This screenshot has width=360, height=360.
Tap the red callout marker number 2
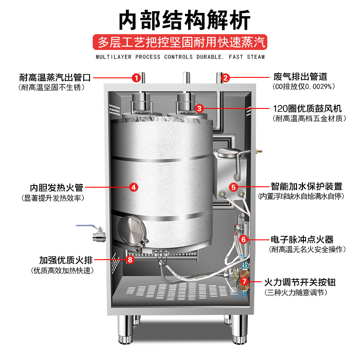(226, 77)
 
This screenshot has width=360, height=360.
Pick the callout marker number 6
(243, 239)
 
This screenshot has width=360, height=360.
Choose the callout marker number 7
(244, 282)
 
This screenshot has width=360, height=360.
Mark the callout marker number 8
(130, 259)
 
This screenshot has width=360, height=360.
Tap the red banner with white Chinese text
(180, 43)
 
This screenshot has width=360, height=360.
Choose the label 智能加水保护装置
(306, 186)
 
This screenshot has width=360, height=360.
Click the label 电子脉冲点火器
(302, 239)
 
